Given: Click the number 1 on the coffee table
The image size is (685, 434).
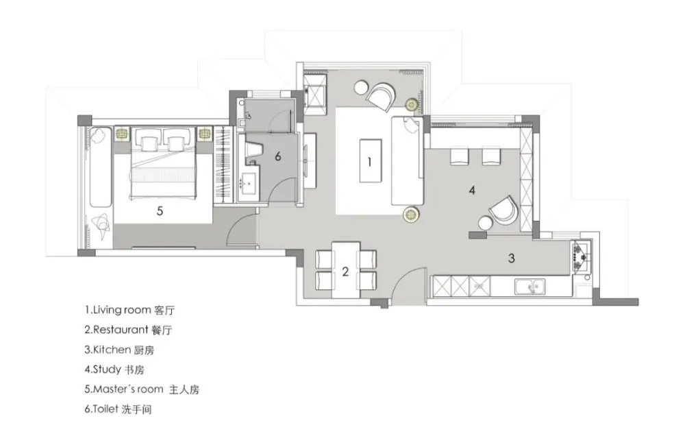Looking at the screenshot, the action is click(x=370, y=162).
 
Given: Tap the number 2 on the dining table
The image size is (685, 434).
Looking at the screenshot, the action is click(x=345, y=272).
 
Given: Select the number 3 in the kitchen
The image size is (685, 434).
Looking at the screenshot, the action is click(x=512, y=258).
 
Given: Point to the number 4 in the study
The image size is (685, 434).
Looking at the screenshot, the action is click(x=472, y=190).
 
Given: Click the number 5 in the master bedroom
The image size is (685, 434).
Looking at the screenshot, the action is click(x=160, y=211).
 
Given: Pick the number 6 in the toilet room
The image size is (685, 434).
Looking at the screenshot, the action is click(x=278, y=156).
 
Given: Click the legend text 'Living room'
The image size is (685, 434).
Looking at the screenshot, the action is click(x=123, y=310).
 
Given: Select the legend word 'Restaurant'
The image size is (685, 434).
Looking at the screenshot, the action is click(x=121, y=330).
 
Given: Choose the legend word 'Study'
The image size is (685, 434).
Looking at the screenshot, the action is click(x=107, y=370).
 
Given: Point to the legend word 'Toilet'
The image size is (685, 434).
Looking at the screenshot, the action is click(x=105, y=409).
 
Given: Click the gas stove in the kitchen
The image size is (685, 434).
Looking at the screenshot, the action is click(x=581, y=256).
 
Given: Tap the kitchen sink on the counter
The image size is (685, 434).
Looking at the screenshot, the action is click(x=530, y=287).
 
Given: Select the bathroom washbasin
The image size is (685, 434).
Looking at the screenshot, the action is click(x=249, y=182).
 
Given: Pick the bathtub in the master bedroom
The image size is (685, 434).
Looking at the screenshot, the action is click(x=101, y=166).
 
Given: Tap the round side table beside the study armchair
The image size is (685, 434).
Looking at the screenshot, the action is click(x=486, y=223).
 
